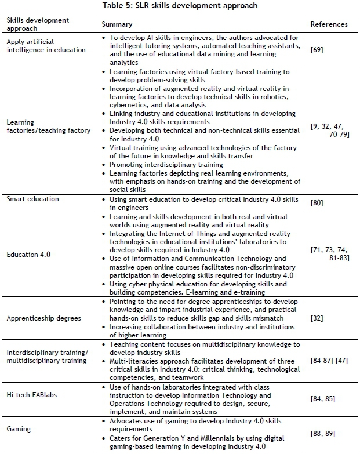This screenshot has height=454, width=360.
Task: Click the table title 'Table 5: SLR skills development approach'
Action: point(180,5)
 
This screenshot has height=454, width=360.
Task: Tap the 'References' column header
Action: point(329,24)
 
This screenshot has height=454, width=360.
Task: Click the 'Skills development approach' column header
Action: point(38,24)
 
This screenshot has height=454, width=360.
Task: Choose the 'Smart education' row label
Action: point(32,198)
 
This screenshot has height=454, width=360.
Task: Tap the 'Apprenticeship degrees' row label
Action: point(44,318)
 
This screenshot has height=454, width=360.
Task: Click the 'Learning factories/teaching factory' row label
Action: point(49,126)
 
